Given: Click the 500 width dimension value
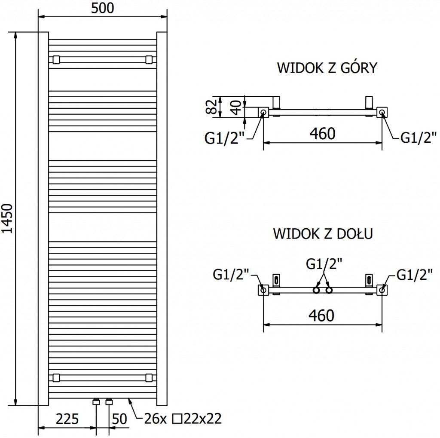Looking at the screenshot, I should point(103,8).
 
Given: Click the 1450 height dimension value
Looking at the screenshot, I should point(8,219).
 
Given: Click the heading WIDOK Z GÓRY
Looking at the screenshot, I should point(327,68).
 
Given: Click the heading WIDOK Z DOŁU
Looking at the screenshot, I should point(322,234).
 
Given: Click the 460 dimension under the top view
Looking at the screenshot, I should point(322,134).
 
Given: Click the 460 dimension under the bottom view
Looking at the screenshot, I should point(322,315).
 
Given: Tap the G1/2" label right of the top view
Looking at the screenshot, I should point(419,138).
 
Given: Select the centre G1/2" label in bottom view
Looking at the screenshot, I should point(324,263).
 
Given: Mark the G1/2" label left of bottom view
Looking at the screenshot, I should point(231,274).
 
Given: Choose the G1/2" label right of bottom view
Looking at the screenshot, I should point(414,274).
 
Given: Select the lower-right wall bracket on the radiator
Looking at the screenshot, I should point(149,378).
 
